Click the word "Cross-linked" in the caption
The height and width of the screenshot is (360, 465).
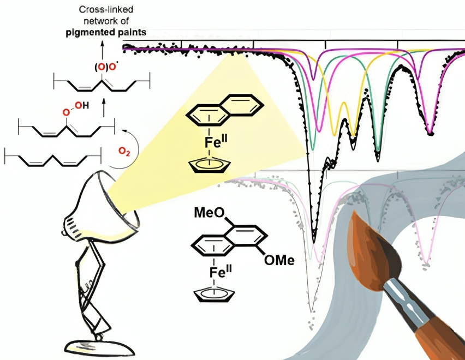(x=106, y=9)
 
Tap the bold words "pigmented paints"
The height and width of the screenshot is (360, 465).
(x=106, y=32)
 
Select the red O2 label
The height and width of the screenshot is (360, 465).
(x=124, y=152)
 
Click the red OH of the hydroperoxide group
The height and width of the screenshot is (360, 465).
(x=81, y=105)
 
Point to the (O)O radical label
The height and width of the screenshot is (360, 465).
(x=105, y=67)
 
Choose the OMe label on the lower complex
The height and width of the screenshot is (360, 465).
(x=279, y=260)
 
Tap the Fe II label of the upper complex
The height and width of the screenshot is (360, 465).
(x=216, y=142)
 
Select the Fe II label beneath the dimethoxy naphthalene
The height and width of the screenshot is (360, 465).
(x=220, y=272)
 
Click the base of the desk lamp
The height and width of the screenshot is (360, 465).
(x=100, y=347)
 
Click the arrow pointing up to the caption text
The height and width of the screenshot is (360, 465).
(x=103, y=50)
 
